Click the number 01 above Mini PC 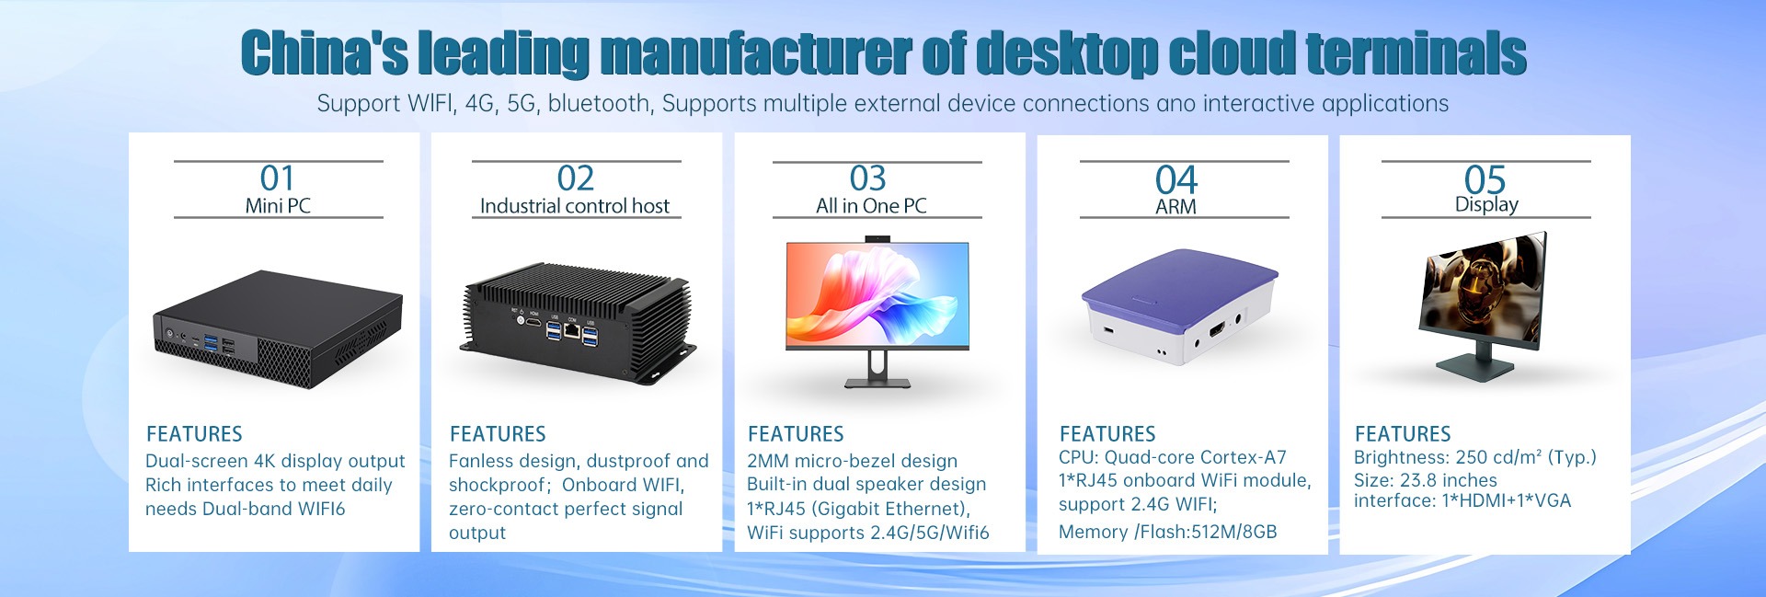[x=277, y=178]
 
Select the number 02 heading [x=576, y=178]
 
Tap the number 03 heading [x=867, y=178]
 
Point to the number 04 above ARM [x=1176, y=179]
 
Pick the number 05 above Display [x=1485, y=179]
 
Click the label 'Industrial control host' [x=575, y=206]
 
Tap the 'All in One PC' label [x=871, y=206]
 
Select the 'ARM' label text [x=1175, y=207]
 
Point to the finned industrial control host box [x=578, y=322]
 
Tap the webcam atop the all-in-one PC [x=877, y=239]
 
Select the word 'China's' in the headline [x=325, y=53]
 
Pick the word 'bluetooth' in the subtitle [x=600, y=103]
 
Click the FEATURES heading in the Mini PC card [x=194, y=434]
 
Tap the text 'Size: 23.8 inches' [x=1425, y=480]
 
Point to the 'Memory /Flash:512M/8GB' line [x=1167, y=532]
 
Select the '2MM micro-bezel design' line [x=852, y=461]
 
